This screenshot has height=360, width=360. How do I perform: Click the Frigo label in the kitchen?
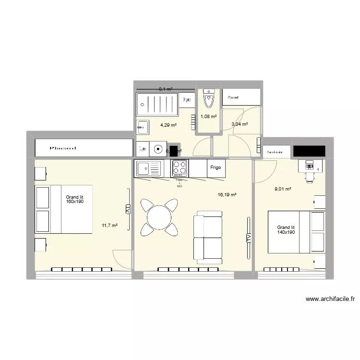click(215, 168)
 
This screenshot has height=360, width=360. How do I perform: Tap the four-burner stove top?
click(180, 168)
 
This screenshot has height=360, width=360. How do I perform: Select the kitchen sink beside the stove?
click(149, 168)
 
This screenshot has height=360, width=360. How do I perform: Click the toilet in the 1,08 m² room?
click(208, 100)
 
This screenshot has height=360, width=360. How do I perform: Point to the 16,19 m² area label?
click(227, 195)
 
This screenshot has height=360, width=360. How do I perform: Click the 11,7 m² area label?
click(109, 225)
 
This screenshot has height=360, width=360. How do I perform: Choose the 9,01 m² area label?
click(283, 189)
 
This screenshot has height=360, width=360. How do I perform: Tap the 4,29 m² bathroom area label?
click(168, 125)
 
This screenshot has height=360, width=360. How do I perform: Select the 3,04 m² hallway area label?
click(240, 124)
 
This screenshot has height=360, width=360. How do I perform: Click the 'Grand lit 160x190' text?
click(75, 199)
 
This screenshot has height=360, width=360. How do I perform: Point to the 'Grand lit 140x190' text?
click(286, 230)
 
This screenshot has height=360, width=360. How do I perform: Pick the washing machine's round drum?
click(158, 149)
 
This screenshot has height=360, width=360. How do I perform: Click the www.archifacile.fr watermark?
click(329, 299)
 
